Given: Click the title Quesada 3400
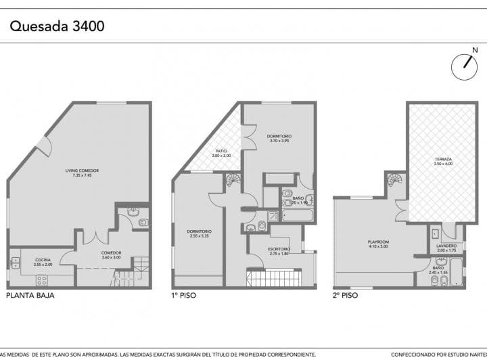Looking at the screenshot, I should pyautogui.click(x=57, y=26).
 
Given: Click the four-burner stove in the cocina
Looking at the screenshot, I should pyautogui.click(x=41, y=279).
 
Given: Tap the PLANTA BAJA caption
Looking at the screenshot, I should pyautogui.click(x=30, y=296).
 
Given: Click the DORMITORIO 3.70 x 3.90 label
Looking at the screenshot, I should pyautogui.click(x=279, y=138).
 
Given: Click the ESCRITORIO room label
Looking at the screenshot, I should pyautogui.click(x=278, y=251).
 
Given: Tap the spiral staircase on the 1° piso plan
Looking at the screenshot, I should pyautogui.click(x=232, y=181).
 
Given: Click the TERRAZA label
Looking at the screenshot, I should pyautogui.click(x=443, y=162).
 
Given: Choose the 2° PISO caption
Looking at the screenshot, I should pyautogui.click(x=345, y=296).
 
